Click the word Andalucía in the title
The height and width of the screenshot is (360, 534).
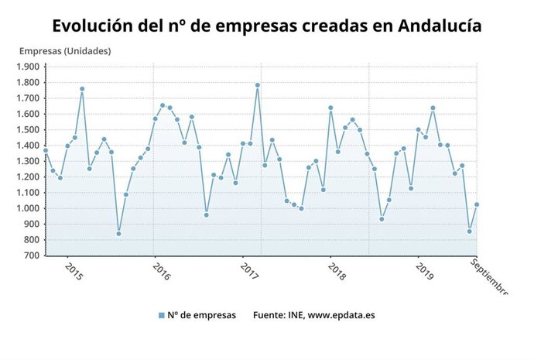(x=440, y=26)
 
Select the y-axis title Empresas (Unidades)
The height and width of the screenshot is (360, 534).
(x=65, y=51)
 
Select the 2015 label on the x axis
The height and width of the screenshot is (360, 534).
(x=74, y=272)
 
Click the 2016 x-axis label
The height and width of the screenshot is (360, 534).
(x=162, y=272)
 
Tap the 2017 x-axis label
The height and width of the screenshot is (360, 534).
(x=249, y=272)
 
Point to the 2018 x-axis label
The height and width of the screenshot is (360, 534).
(x=337, y=272)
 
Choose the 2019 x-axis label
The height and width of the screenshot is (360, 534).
(x=425, y=272)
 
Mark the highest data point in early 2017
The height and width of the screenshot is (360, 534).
(x=257, y=85)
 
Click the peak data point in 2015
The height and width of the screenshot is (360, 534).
(x=82, y=88)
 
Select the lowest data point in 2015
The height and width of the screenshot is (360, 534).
(x=118, y=233)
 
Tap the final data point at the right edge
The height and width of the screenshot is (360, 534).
(x=477, y=204)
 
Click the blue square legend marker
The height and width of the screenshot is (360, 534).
(x=161, y=315)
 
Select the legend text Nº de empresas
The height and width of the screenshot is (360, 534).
(x=202, y=315)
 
